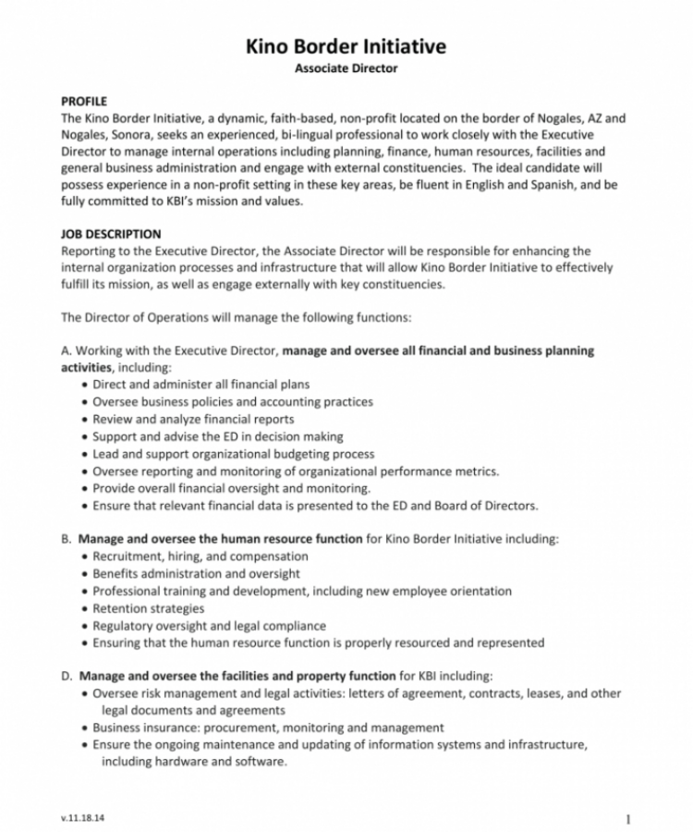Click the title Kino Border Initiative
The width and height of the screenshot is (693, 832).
(x=346, y=46)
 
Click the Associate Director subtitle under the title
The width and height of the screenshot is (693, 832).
(x=346, y=68)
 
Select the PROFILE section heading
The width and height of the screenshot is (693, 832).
(x=84, y=102)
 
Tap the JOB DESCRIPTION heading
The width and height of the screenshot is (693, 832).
(x=110, y=235)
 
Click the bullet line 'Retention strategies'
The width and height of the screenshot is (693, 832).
(x=149, y=608)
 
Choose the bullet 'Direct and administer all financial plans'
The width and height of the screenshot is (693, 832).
(x=201, y=384)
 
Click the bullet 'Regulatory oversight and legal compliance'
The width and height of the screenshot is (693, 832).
(x=209, y=626)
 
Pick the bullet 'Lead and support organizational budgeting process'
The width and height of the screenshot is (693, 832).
(x=233, y=454)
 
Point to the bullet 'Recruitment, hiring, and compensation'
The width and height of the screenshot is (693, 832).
(x=201, y=557)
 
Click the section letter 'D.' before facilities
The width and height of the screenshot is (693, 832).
(x=67, y=676)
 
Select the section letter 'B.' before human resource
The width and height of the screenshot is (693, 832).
(x=67, y=538)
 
